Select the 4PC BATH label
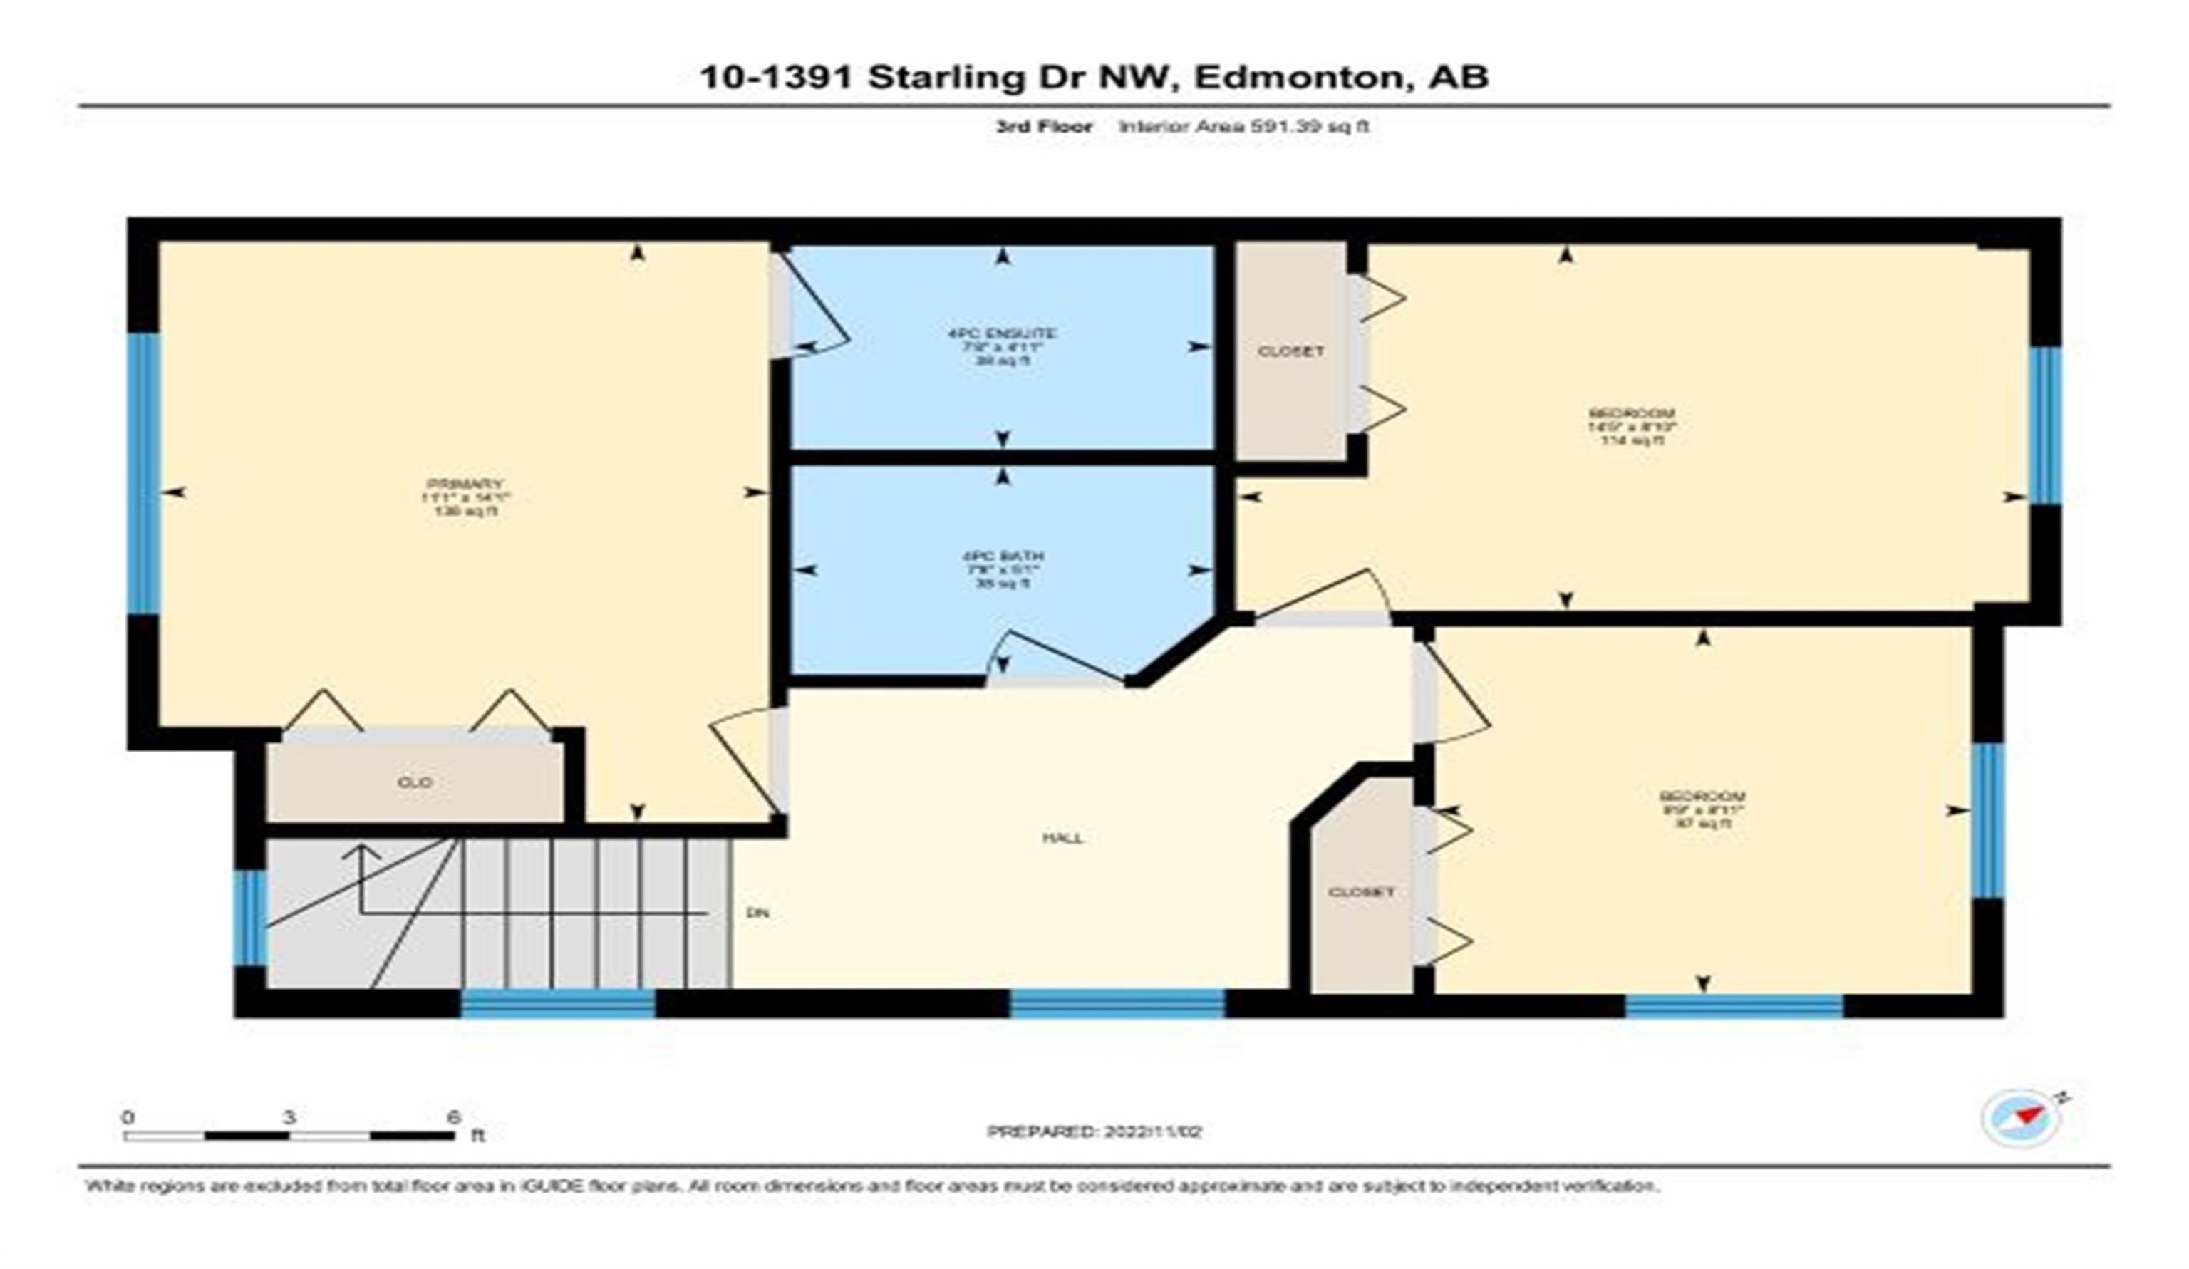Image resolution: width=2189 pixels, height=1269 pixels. tap(1003, 556)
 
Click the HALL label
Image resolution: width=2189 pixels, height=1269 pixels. tap(1063, 838)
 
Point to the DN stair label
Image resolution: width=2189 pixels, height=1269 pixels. tap(757, 913)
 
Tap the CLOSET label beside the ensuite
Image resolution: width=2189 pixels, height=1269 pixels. tap(1291, 351)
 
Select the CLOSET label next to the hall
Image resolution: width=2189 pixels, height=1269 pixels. tap(1360, 892)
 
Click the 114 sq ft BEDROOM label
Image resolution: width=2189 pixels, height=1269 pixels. tap(1631, 413)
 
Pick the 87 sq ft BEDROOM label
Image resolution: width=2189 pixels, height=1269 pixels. tap(1702, 797)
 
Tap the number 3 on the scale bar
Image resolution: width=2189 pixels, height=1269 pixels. tap(289, 1117)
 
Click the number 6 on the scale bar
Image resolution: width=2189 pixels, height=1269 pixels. tap(452, 1117)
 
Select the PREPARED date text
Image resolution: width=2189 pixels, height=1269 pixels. tap(1094, 1131)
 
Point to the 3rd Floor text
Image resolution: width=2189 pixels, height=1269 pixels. tap(1043, 126)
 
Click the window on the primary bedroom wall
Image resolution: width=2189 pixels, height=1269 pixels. tap(144, 473)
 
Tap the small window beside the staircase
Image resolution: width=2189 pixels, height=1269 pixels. tap(250, 917)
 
